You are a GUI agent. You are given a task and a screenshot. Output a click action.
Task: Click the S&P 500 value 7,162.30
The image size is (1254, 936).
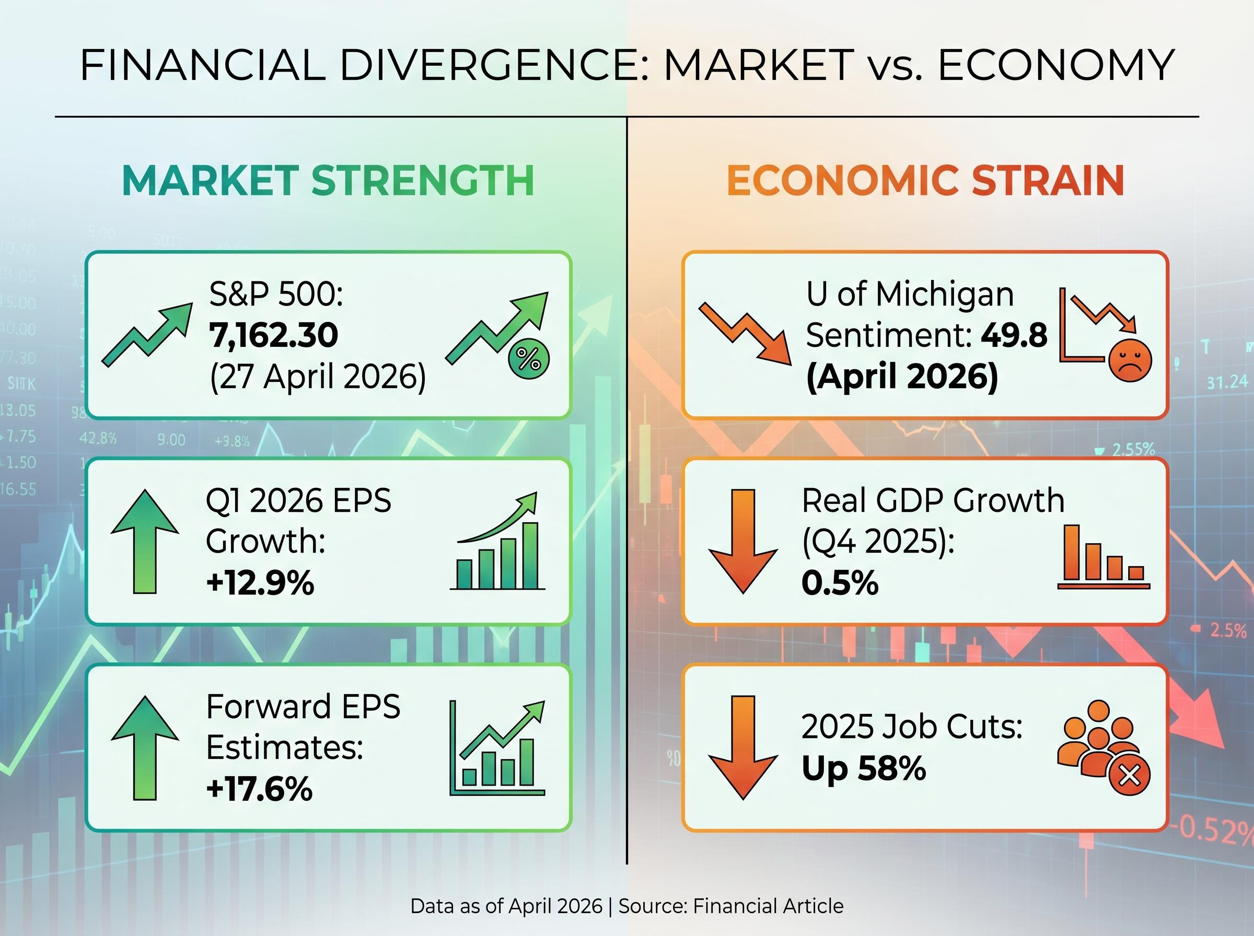(274, 335)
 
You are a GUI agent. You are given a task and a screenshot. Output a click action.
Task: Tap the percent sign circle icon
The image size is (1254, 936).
(529, 359)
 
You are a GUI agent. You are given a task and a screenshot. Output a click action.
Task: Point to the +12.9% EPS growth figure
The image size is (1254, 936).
(260, 583)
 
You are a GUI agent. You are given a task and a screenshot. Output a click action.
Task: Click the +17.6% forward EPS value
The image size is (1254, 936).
(260, 789)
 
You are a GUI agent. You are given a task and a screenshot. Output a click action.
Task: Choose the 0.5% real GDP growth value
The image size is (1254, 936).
(840, 583)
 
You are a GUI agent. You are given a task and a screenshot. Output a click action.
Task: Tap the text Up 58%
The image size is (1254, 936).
(864, 769)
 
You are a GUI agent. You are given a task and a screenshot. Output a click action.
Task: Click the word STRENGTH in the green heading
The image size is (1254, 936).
(423, 181)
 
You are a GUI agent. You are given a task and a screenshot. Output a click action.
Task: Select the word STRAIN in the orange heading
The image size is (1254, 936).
(1048, 181)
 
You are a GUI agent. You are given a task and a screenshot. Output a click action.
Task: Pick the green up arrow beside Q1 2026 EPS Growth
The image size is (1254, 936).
(145, 541)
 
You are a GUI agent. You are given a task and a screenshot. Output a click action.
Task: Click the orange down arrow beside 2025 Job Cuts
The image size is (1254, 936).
(743, 747)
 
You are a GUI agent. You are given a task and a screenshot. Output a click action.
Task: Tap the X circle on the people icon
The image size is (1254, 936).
(1130, 776)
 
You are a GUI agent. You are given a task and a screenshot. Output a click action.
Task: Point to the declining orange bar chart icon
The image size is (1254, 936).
(1102, 556)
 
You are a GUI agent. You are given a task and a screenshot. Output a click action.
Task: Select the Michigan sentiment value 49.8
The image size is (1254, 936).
(1014, 335)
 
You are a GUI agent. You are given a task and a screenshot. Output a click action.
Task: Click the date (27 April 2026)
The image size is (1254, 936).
(318, 377)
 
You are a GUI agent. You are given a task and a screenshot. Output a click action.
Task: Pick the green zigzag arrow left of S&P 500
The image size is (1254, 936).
(147, 334)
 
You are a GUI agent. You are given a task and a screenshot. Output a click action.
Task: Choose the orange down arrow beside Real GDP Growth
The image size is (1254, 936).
(743, 541)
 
